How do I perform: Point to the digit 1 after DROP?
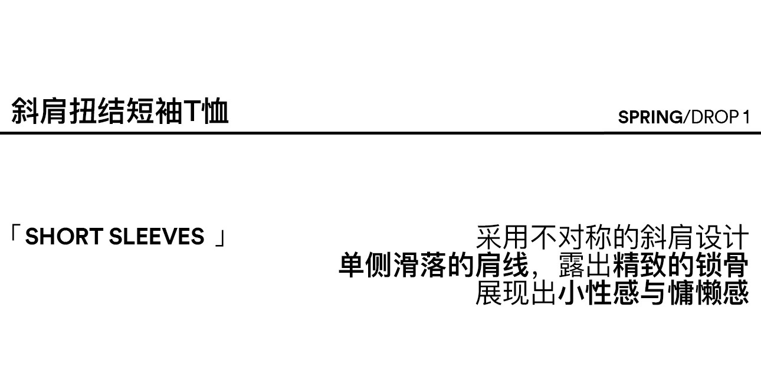point(746,117)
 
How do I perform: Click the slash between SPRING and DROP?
point(685,117)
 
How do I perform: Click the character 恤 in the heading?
point(214,112)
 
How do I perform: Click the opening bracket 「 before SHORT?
point(15,235)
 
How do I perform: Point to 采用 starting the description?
point(503,238)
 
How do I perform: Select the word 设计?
point(721,238)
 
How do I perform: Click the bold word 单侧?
point(366,266)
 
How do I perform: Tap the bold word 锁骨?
point(721,266)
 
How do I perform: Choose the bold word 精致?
point(640,266)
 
